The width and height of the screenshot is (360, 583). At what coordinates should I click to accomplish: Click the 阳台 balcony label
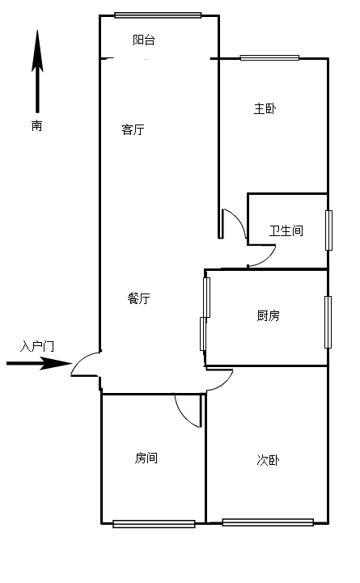click(144, 40)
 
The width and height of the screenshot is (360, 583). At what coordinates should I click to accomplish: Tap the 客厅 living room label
click(133, 129)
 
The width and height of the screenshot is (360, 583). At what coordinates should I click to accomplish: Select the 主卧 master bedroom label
click(265, 108)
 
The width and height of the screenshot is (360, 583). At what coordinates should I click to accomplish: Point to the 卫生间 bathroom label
click(286, 230)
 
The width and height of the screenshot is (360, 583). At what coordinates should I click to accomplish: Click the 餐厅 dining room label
click(138, 298)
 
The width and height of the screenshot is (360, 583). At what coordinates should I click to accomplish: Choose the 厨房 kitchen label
click(268, 315)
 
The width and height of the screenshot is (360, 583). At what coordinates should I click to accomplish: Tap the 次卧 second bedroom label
click(268, 460)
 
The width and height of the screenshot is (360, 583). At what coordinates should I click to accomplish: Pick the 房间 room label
click(146, 458)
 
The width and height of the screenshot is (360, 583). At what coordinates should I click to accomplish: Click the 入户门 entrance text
click(37, 346)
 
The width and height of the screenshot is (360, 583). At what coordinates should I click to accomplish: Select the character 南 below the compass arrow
click(37, 125)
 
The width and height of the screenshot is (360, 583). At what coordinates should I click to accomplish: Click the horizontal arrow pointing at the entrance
click(40, 363)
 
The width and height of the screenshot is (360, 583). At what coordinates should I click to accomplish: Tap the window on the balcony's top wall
click(158, 15)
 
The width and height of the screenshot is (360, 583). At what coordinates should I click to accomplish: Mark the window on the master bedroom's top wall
click(269, 57)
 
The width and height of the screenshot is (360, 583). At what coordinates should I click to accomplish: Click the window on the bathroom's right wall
click(328, 230)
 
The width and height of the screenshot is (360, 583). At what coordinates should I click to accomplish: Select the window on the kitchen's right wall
click(328, 322)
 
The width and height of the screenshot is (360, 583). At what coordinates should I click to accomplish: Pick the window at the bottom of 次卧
click(268, 522)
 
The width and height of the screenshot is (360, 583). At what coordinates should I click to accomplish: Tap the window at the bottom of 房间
click(154, 524)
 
